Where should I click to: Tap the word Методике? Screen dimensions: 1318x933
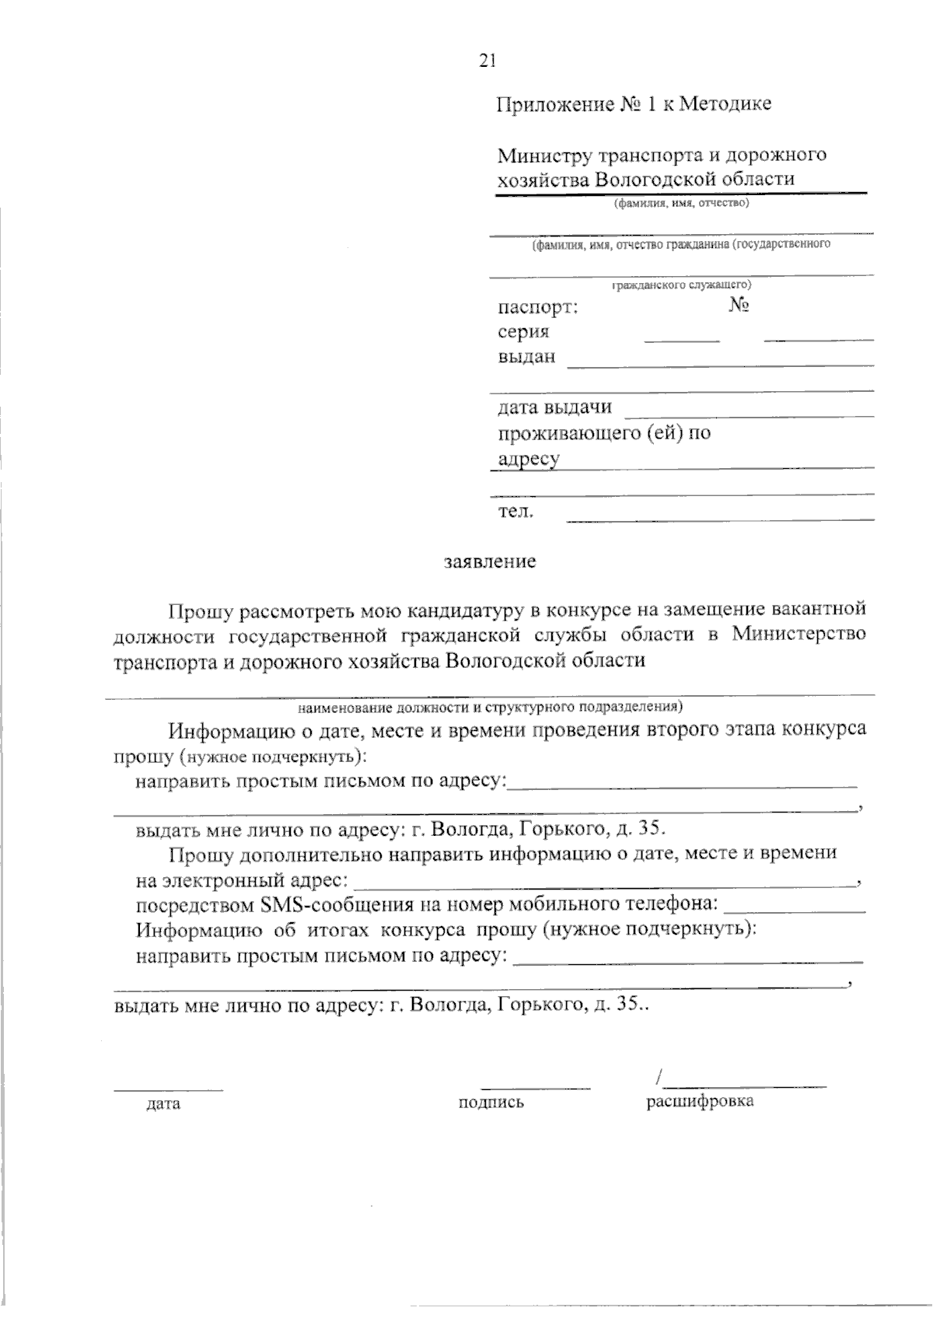725,104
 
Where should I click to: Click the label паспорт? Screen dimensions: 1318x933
538,307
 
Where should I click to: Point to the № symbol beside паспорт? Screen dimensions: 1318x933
739,306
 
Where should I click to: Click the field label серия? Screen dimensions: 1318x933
523,332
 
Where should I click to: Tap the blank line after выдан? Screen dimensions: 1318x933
720,364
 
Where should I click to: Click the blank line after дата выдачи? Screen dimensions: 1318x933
749,414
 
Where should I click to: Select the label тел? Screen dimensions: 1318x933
515,512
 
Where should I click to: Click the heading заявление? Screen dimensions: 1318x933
489,561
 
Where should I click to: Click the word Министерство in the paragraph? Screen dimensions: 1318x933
798,635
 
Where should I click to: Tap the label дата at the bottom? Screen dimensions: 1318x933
163,1103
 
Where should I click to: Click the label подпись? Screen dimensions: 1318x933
491,1103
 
